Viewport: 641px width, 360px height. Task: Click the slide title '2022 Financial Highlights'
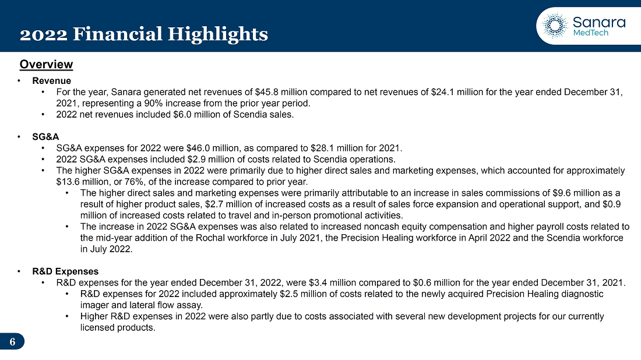144,34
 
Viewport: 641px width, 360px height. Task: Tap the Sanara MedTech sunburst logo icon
555,25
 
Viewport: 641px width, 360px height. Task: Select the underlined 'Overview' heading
46,65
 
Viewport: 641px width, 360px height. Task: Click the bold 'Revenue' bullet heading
51,81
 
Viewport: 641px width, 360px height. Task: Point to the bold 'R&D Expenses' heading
65,271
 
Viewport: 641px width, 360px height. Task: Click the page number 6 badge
12,341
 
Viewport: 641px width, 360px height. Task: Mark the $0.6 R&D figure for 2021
422,283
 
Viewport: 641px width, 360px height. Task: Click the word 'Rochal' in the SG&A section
212,238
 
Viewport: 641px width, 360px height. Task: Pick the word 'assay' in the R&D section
191,305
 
